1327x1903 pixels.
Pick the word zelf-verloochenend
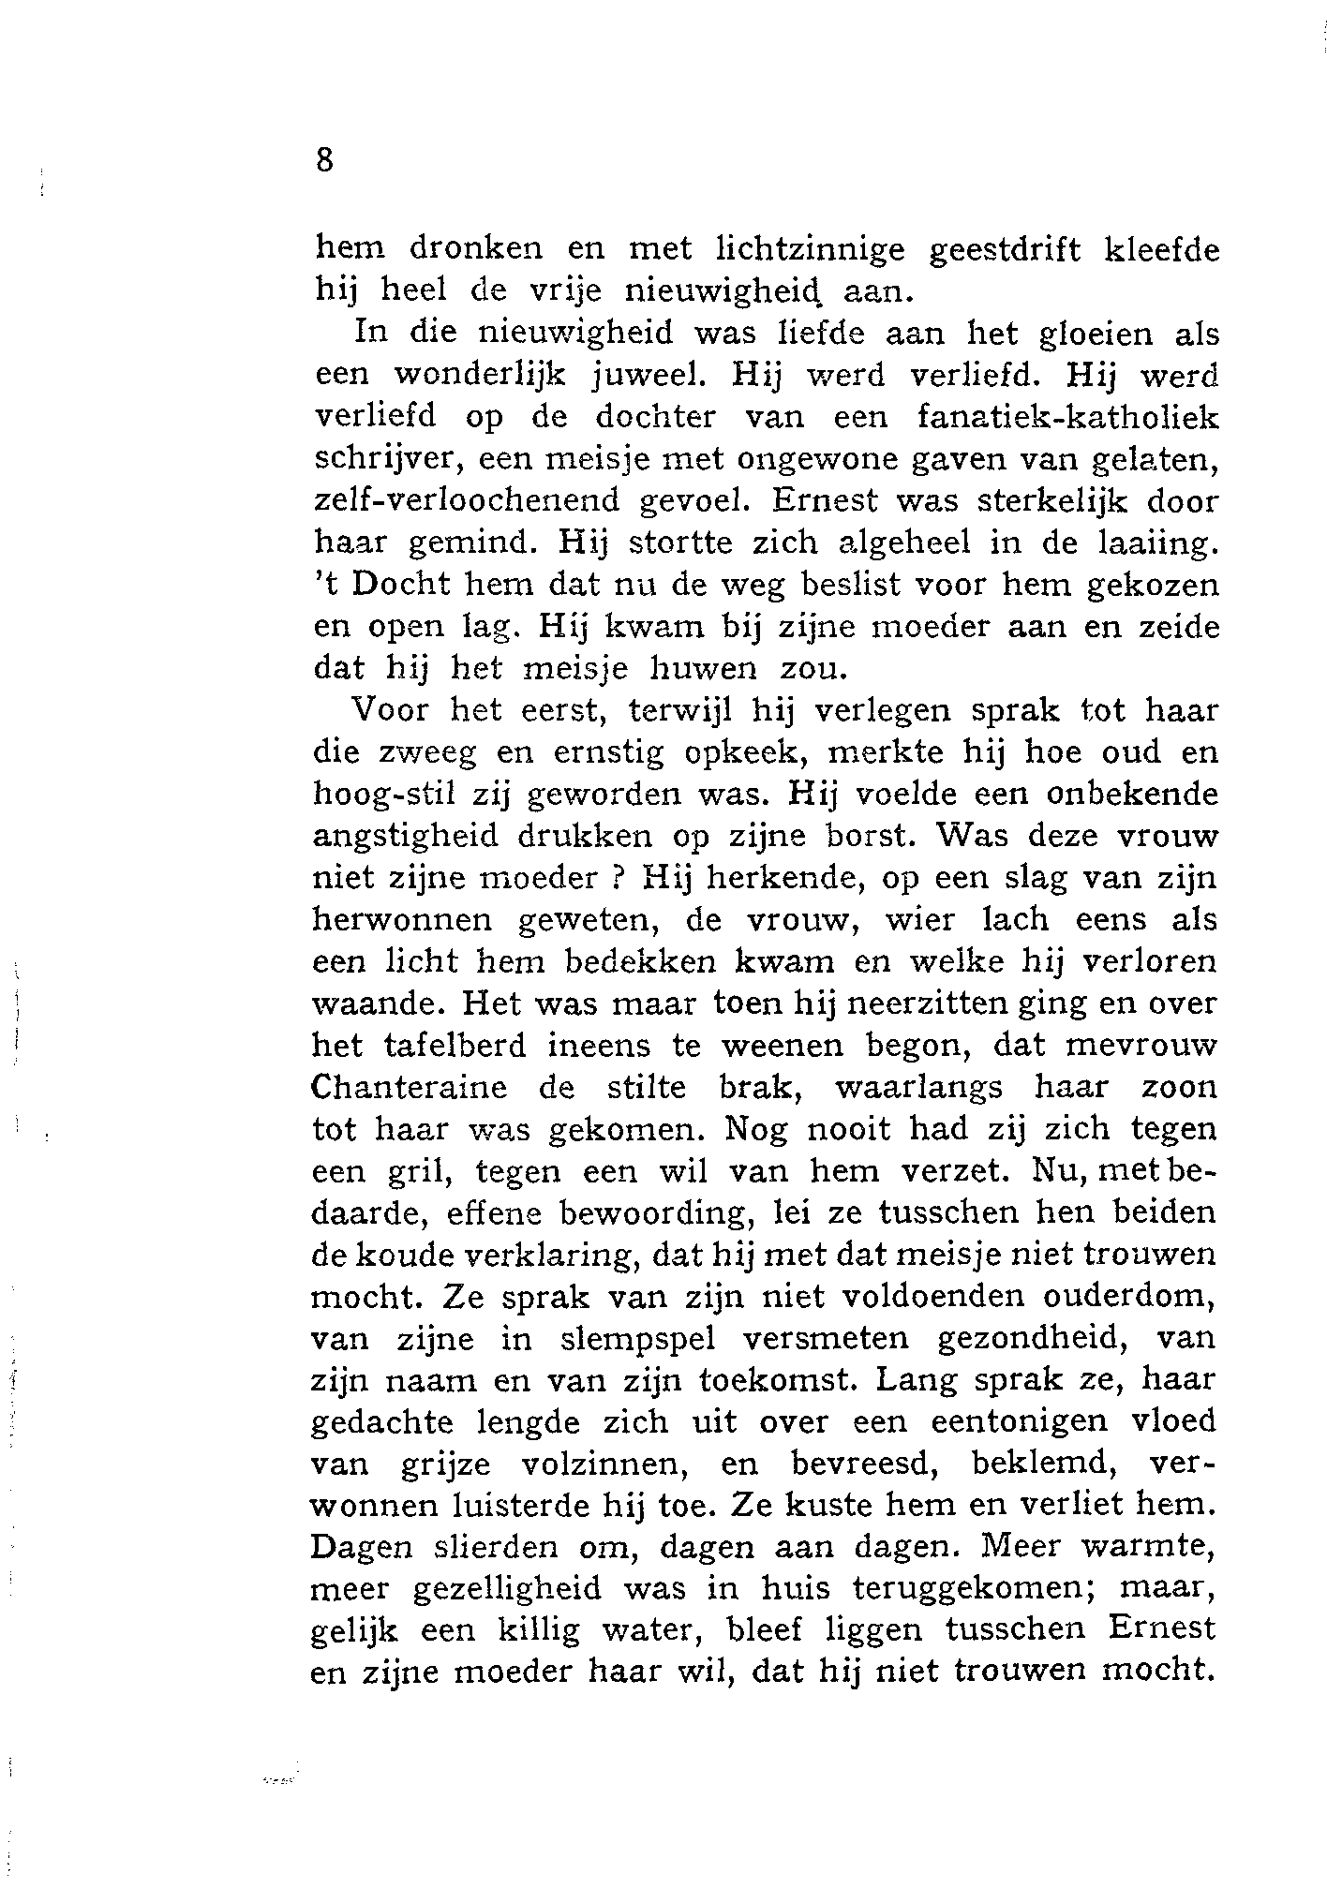[466, 500]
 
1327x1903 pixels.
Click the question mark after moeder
[619, 878]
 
